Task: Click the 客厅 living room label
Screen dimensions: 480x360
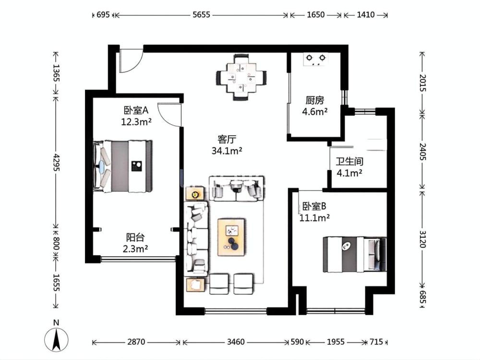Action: (x=227, y=139)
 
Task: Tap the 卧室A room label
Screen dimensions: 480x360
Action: (x=136, y=110)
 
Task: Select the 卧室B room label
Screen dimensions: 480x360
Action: (x=314, y=206)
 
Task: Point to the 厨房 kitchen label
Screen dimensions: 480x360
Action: (x=315, y=100)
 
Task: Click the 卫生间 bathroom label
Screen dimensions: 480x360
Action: (x=349, y=161)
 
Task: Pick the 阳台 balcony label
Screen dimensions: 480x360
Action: (x=135, y=237)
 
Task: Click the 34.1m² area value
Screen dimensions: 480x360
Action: (x=227, y=151)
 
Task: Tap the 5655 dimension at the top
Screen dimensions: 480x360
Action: (x=202, y=15)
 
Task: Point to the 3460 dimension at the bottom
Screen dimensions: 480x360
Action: (x=236, y=342)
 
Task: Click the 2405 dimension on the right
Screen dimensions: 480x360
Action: (x=422, y=151)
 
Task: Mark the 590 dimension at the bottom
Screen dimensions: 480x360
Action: (x=297, y=342)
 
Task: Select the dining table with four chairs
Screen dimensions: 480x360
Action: (x=241, y=77)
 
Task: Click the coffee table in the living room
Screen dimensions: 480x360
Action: (x=231, y=237)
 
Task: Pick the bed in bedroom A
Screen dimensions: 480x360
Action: (x=123, y=166)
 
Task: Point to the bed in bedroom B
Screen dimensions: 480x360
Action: (x=355, y=254)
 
